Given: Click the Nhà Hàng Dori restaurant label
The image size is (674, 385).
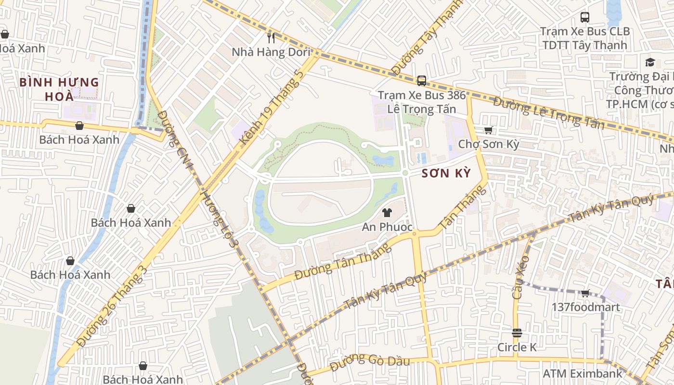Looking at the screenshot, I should click(271, 52).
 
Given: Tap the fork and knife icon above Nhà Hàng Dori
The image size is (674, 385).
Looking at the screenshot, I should click(272, 38).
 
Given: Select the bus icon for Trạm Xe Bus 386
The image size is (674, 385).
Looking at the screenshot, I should click(422, 80).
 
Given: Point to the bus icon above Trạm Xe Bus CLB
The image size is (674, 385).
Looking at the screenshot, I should click(585, 17).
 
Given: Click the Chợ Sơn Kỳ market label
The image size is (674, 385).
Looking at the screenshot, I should click(488, 144).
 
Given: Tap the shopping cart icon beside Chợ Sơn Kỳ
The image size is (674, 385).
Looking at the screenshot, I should click(489, 130).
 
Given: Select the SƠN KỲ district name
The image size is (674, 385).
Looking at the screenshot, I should click(446, 173).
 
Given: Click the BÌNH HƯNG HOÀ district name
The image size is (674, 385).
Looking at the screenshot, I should click(59, 89).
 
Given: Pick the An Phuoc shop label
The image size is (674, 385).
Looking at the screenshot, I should click(387, 227).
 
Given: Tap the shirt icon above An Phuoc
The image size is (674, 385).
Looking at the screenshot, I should click(387, 212).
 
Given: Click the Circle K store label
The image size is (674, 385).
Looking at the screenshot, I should click(517, 347).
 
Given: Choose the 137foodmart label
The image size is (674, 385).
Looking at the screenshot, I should click(585, 307).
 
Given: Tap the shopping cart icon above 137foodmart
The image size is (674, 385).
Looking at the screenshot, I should click(585, 293).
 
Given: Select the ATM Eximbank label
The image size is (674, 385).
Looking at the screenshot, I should click(583, 373).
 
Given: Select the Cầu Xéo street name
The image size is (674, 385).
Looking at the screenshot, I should click(520, 277).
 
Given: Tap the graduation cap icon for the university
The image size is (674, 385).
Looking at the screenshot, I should click(650, 62).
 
